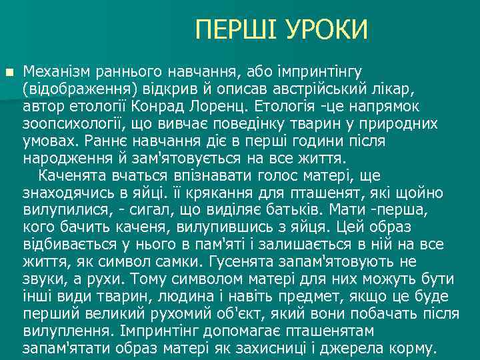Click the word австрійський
tap(320, 88)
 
